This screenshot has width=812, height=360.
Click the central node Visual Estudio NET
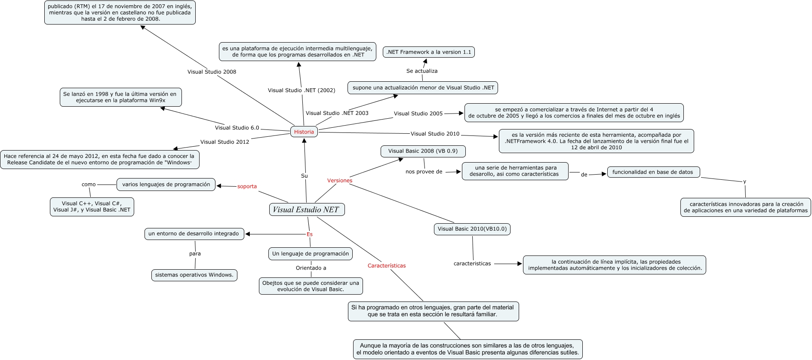coord(306,210)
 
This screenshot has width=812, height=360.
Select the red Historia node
coord(304,132)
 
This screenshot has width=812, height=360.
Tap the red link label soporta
coord(247,186)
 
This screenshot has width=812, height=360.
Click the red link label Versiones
coord(339,181)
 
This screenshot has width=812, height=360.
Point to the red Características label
coord(386,266)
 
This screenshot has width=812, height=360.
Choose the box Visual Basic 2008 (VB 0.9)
coord(423,151)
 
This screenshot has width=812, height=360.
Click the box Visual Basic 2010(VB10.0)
coord(472,229)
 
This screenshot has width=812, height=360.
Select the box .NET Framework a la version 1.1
coord(428,52)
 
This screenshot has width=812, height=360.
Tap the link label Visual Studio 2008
coord(212,72)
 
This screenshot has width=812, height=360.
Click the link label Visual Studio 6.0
coord(237,128)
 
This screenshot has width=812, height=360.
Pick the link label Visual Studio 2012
coord(225,142)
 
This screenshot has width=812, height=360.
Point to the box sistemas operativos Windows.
coord(194,275)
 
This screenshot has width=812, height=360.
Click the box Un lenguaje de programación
coord(310,254)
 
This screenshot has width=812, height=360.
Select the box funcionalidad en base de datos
coord(652,172)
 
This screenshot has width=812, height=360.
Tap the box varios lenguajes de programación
coord(166,185)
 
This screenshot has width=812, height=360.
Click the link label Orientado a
coord(311,268)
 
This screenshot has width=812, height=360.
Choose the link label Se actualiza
coord(421,71)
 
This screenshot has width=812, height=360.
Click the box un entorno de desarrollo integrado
coord(194,234)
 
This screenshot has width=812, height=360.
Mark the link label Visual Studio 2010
coord(435,134)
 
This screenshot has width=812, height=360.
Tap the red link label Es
coord(309,234)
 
